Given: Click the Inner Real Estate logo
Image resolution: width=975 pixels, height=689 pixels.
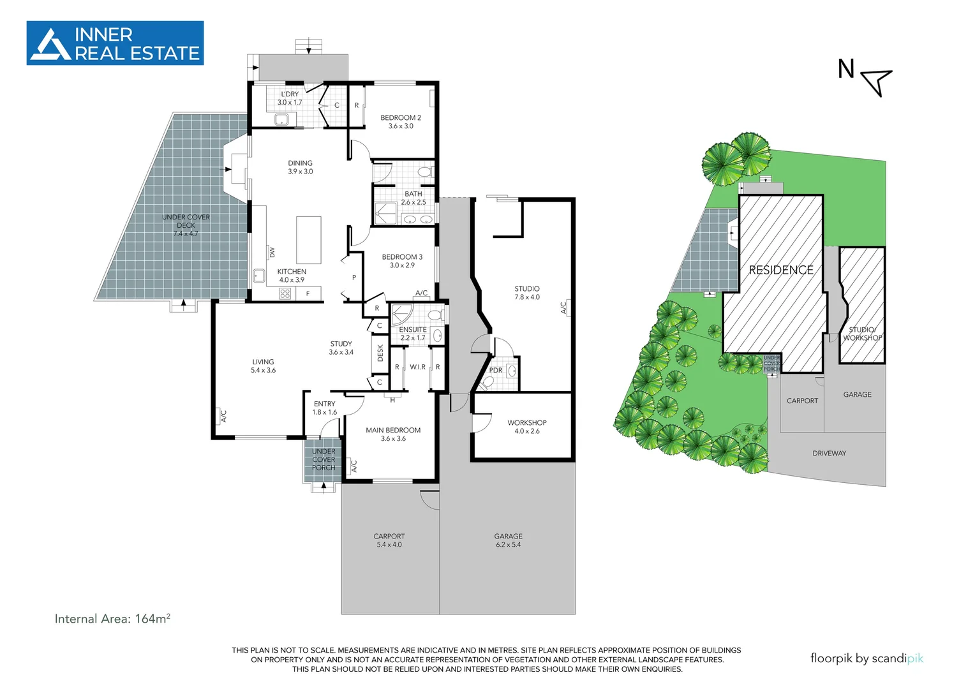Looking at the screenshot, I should (115, 43).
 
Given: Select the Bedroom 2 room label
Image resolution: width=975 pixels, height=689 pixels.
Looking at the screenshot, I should (401, 122).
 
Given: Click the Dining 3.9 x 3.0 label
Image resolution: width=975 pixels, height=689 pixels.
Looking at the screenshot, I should (300, 167).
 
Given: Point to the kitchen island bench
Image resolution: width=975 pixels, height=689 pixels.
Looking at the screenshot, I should (309, 240).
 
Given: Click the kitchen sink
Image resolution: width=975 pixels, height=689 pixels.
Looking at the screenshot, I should (259, 276).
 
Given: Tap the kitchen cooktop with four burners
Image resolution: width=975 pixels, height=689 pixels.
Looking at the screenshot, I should (285, 293).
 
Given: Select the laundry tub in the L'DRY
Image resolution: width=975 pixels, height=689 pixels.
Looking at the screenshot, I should (281, 119).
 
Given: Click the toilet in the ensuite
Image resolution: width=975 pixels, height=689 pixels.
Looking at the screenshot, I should (435, 315).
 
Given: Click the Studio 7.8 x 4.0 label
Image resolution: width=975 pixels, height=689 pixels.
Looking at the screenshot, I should (527, 293).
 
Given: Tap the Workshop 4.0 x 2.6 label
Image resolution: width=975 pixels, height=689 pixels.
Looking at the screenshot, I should (527, 427).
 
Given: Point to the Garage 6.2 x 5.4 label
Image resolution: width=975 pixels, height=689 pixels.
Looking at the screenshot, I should (508, 540).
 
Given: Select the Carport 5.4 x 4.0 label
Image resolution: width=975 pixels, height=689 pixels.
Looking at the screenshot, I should (389, 540).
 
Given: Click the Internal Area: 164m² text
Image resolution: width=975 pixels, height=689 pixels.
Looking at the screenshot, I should (112, 619).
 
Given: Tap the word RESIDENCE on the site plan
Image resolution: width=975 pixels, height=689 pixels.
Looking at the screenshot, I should (781, 270).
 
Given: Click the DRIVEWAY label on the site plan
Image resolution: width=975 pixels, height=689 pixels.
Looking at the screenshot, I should (829, 454).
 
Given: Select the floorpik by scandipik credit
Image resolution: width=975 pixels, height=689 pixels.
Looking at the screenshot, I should (867, 658).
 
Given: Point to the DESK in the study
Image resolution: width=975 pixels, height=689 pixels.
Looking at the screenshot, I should (380, 353).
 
